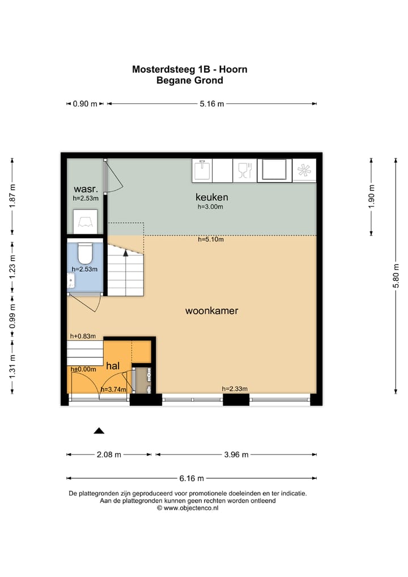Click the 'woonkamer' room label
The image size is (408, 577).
pyautogui.click(x=211, y=311)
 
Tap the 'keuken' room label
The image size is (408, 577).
pyautogui.click(x=211, y=197)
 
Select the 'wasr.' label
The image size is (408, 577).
pyautogui.click(x=86, y=189)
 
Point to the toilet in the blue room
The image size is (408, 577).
pyautogui.click(x=86, y=251)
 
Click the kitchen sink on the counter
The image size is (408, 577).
pyautogui.click(x=202, y=170)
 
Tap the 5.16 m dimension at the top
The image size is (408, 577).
pyautogui.click(x=212, y=104)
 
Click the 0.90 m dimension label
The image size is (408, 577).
pyautogui.click(x=85, y=104)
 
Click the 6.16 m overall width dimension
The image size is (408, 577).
pyautogui.click(x=192, y=478)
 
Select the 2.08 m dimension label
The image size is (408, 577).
pyautogui.click(x=109, y=454)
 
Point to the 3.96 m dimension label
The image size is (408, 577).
pyautogui.click(x=236, y=454)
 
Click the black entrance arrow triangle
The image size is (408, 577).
pyautogui.click(x=99, y=431)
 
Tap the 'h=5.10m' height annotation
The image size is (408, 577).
pyautogui.click(x=210, y=239)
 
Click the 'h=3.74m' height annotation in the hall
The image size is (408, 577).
pyautogui.click(x=113, y=389)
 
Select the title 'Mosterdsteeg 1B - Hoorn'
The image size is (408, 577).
pyautogui.click(x=189, y=70)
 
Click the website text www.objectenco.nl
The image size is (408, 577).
pyautogui.click(x=191, y=508)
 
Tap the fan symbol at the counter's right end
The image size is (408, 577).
pyautogui.click(x=305, y=170)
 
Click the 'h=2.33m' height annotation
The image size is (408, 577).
pyautogui.click(x=235, y=389)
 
